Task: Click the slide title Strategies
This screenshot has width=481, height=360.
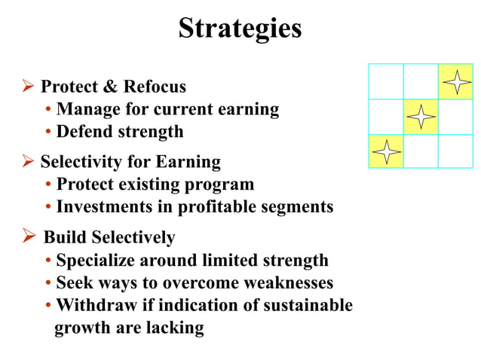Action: click(240, 29)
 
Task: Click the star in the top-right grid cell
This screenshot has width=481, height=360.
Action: click(455, 81)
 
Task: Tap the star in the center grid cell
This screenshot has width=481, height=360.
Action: click(421, 116)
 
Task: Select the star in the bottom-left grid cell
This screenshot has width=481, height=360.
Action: click(386, 151)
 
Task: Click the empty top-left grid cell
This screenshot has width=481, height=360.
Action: click(386, 81)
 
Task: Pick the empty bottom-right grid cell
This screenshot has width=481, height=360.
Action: click(455, 151)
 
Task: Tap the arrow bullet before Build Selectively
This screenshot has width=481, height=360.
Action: click(30, 238)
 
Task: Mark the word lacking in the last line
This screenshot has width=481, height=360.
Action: click(177, 328)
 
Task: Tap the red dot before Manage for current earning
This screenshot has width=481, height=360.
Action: click(48, 110)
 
